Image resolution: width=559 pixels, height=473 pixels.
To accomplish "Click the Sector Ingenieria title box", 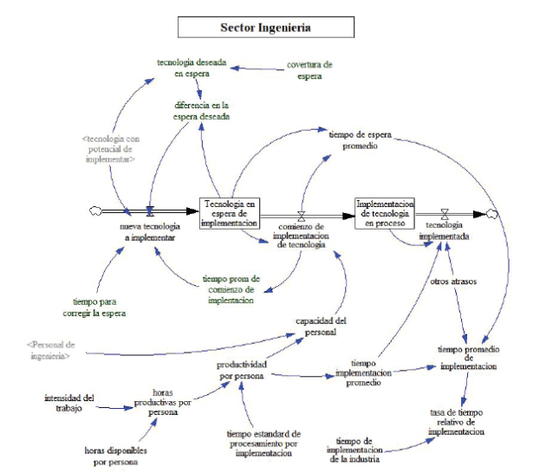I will tap(266, 27).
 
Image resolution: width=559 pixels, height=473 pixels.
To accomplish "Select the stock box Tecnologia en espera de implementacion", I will tap(230, 212).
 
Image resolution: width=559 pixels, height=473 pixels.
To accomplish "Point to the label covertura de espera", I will tap(309, 69).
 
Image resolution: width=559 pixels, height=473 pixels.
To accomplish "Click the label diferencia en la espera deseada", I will tap(201, 110).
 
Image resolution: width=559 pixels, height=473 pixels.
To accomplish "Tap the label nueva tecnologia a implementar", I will tap(151, 230).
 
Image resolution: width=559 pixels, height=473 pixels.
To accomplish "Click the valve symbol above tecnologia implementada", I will tap(445, 212).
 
